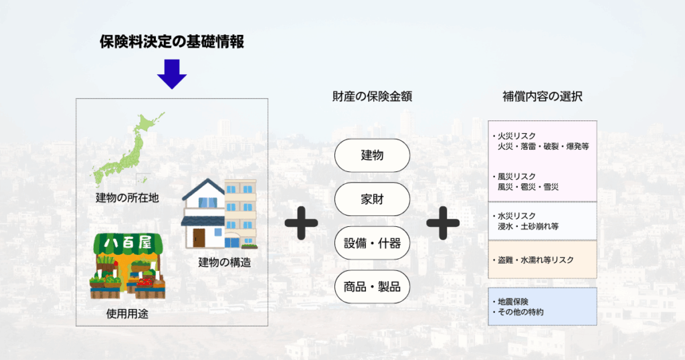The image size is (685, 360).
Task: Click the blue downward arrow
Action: tap(172, 74)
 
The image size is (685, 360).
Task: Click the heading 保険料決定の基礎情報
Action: tap(172, 42)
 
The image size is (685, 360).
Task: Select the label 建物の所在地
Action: tap(127, 198)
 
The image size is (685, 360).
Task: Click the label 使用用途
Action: tap(127, 314)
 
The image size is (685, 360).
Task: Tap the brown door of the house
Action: tap(199, 238)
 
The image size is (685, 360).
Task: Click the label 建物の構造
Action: tap(225, 262)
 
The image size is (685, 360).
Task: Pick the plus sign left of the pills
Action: tap(301, 223)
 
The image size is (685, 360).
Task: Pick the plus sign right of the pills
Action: tap(443, 223)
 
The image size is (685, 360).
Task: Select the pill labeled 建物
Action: tap(372, 155)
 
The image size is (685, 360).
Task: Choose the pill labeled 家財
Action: tap(372, 199)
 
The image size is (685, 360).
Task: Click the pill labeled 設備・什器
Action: tap(372, 243)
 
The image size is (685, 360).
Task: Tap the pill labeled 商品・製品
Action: tap(372, 287)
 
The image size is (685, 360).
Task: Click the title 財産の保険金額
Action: tap(372, 96)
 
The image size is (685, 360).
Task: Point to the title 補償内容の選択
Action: tap(542, 96)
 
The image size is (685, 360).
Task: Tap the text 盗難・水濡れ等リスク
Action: tap(536, 260)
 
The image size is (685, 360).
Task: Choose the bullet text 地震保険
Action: tap(513, 302)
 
